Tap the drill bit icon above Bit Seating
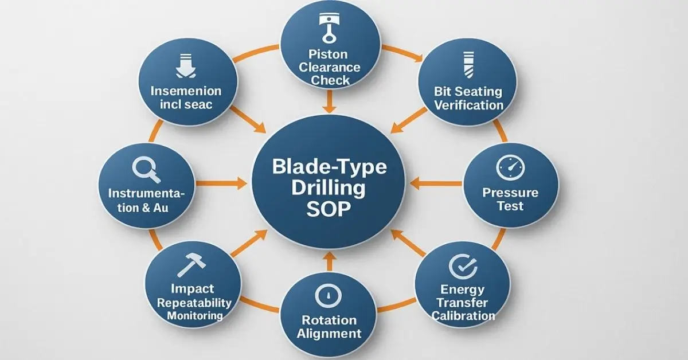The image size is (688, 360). [x=467, y=65]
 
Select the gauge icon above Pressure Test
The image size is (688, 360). [x=510, y=168]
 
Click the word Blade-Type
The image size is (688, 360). [x=329, y=167]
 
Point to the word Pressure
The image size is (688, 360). [x=510, y=192]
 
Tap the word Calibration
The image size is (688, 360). [x=463, y=315]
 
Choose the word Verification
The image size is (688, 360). [x=468, y=105]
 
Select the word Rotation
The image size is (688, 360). [x=329, y=319]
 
